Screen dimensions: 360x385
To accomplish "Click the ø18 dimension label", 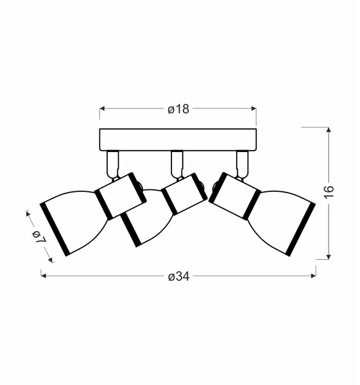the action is pos(178,109).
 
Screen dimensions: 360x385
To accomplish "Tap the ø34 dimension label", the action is pos(179,277).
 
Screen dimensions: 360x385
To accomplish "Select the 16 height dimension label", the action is pos(329,192).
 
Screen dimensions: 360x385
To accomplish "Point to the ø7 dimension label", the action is pos(39,237).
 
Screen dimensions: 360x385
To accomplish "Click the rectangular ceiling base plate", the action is pos(178,139).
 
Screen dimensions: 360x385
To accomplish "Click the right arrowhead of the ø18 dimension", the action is pos(253,108).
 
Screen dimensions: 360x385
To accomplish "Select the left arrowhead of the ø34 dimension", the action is pos(44,276).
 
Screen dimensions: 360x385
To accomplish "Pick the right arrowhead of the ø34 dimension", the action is pos(313,276).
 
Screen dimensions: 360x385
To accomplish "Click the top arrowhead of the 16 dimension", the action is pos(329,130).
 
